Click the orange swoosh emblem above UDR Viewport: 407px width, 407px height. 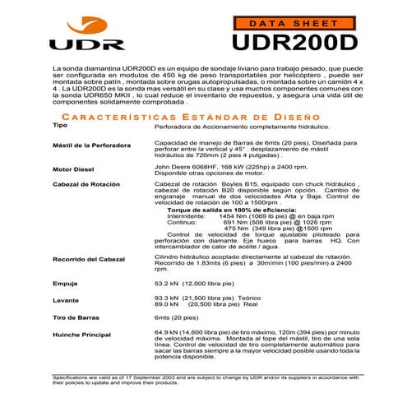(79, 22)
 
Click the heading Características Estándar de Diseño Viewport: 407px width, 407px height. (203, 117)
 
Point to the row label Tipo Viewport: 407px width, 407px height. (60, 126)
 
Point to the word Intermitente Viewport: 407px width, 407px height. (187, 216)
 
